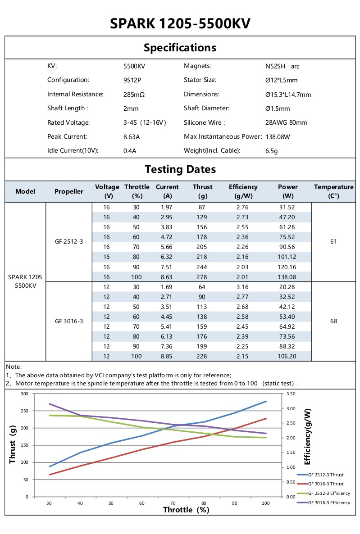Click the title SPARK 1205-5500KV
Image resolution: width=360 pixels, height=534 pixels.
coord(180,23)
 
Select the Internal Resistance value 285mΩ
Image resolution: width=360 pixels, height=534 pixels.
coord(134,95)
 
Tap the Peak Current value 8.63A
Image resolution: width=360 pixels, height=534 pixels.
coord(132,137)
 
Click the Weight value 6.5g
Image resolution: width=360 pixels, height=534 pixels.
coord(272,151)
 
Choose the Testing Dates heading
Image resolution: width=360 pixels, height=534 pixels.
coord(180,169)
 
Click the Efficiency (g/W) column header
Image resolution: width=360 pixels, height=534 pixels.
coord(243,191)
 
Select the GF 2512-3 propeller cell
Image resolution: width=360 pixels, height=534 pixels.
coord(69,242)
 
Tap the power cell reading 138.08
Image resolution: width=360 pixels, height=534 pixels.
coord(288,276)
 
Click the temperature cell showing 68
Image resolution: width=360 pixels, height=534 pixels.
coord(333,321)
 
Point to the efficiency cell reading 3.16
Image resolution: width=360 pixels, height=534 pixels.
coord(243,287)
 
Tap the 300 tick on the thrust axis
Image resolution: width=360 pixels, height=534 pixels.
coord(24,394)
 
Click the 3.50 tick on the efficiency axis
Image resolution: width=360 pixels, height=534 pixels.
coord(291,394)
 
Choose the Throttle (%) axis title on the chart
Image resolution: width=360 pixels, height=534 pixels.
coord(186,510)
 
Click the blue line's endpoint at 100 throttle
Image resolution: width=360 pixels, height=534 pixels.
coord(266,401)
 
